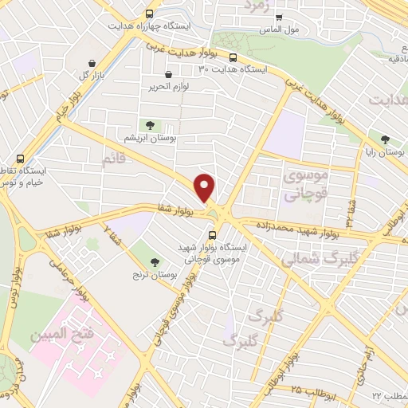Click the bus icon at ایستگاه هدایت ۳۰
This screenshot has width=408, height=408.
(x=233, y=57)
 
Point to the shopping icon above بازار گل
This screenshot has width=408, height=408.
(x=93, y=63)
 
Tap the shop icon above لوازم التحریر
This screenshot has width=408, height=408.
(x=167, y=74)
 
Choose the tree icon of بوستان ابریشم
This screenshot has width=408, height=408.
(x=149, y=124)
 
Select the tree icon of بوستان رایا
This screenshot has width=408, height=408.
(x=386, y=138)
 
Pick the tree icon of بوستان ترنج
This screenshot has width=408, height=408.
(x=155, y=262)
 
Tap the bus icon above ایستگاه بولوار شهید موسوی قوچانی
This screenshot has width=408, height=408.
(x=212, y=235)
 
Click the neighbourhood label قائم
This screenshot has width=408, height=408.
(x=114, y=160)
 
